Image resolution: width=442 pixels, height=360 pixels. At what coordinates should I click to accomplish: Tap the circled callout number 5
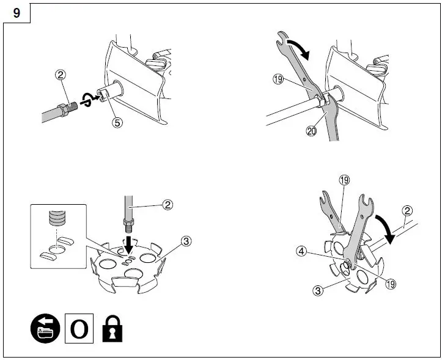[x=117, y=122]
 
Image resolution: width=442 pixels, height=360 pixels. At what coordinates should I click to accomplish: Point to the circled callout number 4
[x=302, y=250]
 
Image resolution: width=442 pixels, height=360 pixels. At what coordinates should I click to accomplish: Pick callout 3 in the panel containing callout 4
[x=317, y=291]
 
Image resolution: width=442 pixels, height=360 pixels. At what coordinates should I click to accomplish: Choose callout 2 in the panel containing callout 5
[x=60, y=75]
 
